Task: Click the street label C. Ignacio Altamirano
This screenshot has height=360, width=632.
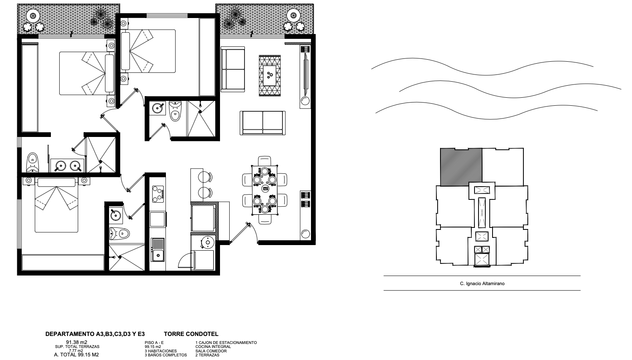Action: click(x=482, y=284)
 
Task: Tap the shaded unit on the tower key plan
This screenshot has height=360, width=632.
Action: click(x=461, y=167)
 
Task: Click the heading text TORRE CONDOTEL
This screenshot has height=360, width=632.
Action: click(x=191, y=334)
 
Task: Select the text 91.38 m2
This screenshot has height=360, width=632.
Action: click(x=77, y=342)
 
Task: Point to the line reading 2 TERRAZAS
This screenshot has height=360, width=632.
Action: click(x=207, y=355)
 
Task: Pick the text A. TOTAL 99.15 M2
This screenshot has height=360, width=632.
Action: click(x=77, y=355)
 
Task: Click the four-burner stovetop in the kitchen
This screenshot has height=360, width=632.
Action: click(x=158, y=194)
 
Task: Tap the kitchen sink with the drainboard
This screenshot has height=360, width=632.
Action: click(x=158, y=250)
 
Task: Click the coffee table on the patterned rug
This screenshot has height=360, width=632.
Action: click(x=270, y=75)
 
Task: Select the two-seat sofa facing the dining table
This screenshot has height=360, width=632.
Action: click(x=262, y=123)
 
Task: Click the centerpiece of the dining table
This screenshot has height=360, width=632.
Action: click(x=265, y=189)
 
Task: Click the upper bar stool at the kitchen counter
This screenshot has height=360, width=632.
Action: click(x=205, y=177)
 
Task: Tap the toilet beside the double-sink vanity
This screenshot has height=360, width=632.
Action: click(x=32, y=162)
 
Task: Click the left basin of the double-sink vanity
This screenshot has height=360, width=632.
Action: click(x=60, y=165)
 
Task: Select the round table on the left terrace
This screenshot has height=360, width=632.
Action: click(x=33, y=16)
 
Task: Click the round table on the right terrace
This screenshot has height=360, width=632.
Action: click(x=293, y=15)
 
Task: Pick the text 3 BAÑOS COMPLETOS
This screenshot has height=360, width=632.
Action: click(x=166, y=355)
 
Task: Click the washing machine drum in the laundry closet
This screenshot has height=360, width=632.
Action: click(x=208, y=242)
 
